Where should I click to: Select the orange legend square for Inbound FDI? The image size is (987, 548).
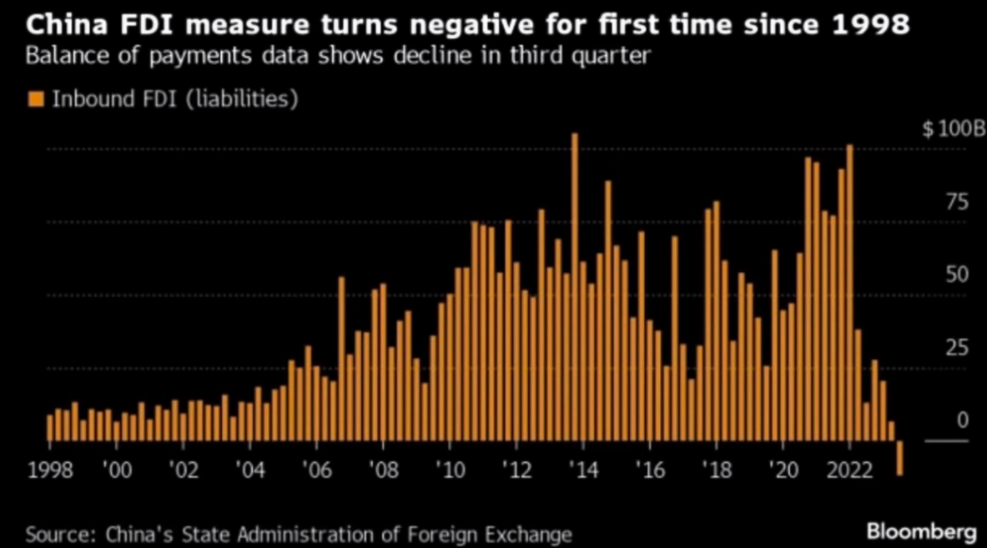(35, 99)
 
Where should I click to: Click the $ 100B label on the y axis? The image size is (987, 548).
(954, 129)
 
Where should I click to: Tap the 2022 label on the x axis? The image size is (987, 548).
(849, 469)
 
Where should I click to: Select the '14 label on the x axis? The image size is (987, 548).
(582, 469)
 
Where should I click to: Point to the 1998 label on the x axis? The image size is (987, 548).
(50, 469)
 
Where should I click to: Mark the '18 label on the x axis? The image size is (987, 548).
(715, 469)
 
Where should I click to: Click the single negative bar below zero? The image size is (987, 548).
(899, 458)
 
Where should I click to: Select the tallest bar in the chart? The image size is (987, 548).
(574, 284)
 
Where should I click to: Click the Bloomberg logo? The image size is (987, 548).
(921, 531)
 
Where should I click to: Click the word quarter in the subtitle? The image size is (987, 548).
(615, 58)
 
